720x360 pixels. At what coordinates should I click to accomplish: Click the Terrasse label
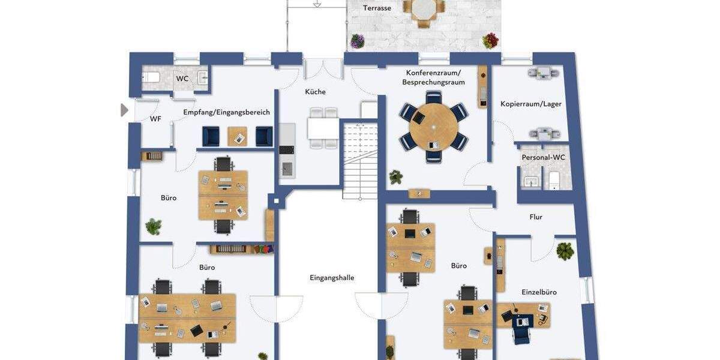tap(377, 8)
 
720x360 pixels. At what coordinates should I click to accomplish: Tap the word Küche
tap(315, 92)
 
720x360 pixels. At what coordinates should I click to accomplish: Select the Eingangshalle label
tap(332, 278)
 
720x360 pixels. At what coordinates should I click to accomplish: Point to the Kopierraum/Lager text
tap(531, 104)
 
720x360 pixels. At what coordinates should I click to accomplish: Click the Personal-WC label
tap(543, 157)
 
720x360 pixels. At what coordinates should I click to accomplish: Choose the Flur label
tap(536, 217)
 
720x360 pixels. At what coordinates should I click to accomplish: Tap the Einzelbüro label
tap(538, 292)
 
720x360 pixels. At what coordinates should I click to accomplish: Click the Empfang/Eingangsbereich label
tap(226, 112)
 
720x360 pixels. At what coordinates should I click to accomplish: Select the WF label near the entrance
tap(155, 119)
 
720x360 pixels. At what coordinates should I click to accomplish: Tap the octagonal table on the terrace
tap(424, 10)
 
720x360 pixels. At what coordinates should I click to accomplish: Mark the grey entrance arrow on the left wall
tap(124, 110)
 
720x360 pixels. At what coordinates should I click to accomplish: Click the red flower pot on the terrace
tap(490, 41)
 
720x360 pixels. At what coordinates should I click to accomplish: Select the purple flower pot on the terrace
tap(358, 41)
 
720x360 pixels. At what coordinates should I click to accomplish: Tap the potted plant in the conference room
tap(395, 177)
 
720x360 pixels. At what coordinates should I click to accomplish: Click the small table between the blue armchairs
tap(238, 137)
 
